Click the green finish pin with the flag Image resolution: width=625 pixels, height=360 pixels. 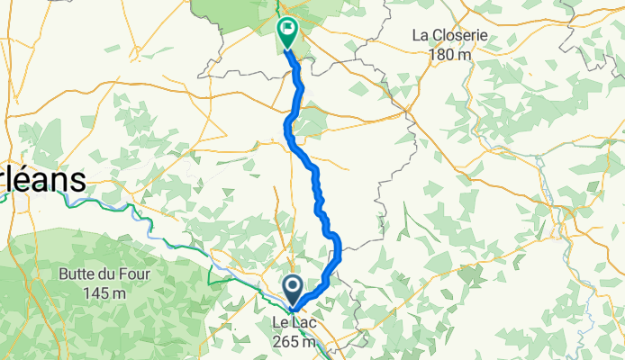(287, 32)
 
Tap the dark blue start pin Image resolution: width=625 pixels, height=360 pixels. (294, 290)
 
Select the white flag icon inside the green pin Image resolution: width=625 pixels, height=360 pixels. (288, 30)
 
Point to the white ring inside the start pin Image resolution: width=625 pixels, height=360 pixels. (294, 287)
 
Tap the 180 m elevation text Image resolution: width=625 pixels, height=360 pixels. (451, 54)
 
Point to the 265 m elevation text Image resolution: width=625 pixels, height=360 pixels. (295, 342)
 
